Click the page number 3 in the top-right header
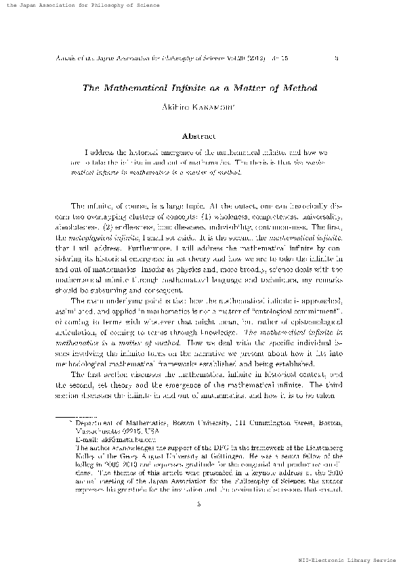[x=337, y=59]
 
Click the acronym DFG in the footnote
[x=212, y=447]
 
